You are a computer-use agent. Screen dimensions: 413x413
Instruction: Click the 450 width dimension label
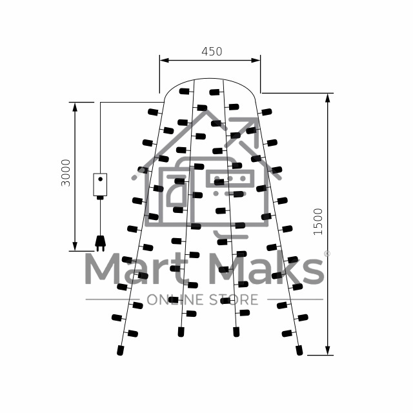(x=212, y=52)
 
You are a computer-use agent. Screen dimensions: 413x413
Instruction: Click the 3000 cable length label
(x=66, y=173)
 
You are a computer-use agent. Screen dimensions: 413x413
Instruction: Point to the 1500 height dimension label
(x=318, y=222)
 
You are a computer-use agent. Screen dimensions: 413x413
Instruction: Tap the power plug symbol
(x=101, y=243)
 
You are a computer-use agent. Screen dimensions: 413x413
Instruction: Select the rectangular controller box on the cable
(x=100, y=185)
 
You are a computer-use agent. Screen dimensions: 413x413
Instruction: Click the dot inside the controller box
(x=101, y=179)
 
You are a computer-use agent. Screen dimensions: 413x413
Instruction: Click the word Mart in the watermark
(x=137, y=268)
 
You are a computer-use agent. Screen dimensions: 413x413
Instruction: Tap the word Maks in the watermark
(x=267, y=268)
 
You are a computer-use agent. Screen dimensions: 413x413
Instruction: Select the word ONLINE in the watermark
(x=175, y=299)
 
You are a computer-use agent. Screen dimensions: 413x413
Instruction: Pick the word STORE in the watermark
(x=234, y=299)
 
